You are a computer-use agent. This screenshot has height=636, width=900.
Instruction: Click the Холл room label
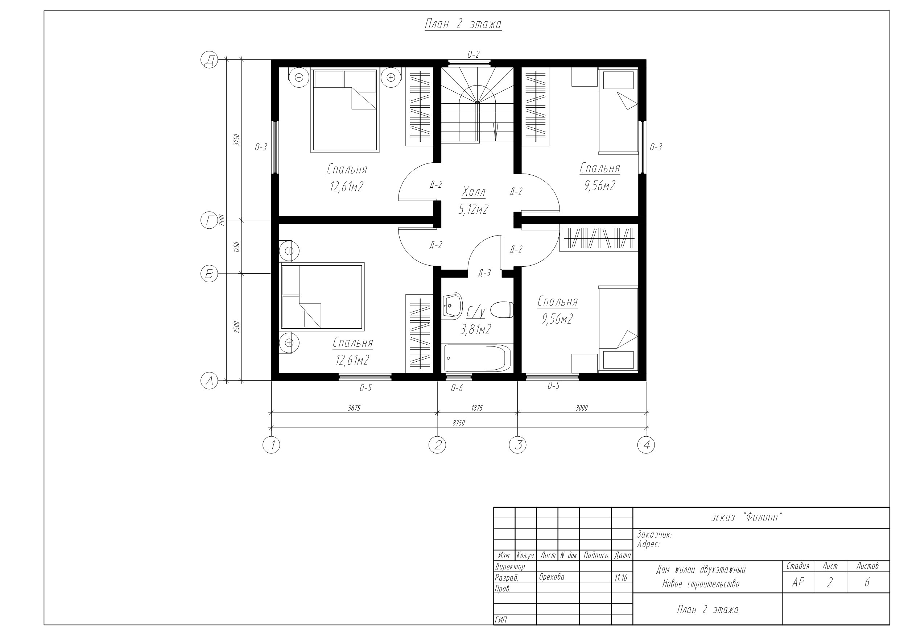click(x=474, y=192)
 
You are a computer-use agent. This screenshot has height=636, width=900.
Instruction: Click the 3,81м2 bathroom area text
click(x=475, y=330)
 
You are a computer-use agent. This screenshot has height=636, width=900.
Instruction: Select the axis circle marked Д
click(x=209, y=60)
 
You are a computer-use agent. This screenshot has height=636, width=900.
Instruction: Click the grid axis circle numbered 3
click(x=517, y=445)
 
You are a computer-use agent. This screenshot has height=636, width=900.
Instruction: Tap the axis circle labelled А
click(x=209, y=381)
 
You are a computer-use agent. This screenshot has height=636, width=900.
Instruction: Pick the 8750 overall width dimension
click(x=458, y=423)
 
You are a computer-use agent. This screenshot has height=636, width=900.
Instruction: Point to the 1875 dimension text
click(x=477, y=408)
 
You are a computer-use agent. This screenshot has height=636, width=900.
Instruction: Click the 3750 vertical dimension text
click(x=236, y=140)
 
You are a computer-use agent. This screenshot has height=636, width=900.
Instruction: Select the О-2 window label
click(x=473, y=54)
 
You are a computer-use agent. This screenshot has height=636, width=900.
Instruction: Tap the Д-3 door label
click(x=484, y=273)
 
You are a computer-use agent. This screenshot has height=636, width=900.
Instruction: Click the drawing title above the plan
click(x=463, y=24)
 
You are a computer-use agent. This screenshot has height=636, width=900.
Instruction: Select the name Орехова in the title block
click(x=552, y=577)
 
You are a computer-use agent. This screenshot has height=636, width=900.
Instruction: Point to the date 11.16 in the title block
click(x=621, y=578)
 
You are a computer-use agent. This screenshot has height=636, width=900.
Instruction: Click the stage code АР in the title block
click(x=798, y=582)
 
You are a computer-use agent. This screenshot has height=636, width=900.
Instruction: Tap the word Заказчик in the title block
click(x=654, y=535)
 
